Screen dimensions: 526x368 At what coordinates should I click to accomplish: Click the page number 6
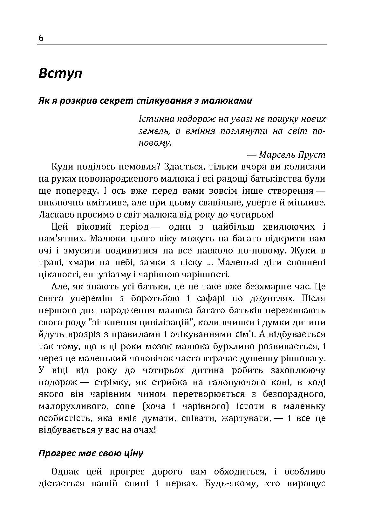[x=41, y=38]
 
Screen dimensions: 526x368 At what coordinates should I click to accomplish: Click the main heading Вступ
[x=60, y=73]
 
